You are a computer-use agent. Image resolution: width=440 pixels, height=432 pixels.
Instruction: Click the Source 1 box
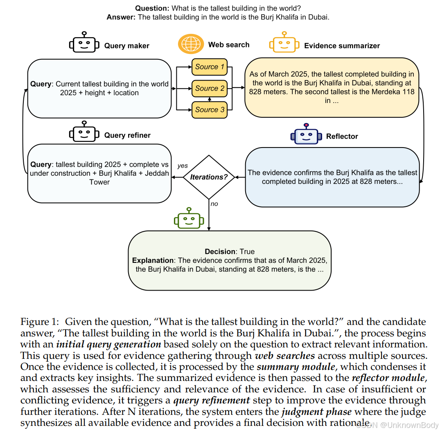click(x=209, y=67)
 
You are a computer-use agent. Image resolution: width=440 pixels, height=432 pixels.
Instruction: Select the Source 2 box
click(x=209, y=88)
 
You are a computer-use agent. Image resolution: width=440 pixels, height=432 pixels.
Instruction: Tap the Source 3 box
click(x=209, y=110)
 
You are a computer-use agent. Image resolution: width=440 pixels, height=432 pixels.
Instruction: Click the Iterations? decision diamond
click(x=209, y=177)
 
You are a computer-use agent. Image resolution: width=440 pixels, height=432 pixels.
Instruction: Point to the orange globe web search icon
click(x=190, y=44)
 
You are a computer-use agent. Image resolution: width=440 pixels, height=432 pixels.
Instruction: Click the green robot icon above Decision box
click(x=189, y=219)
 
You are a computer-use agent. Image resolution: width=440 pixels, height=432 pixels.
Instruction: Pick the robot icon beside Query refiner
click(x=84, y=132)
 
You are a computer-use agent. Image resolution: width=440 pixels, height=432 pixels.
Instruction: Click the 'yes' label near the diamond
click(x=183, y=166)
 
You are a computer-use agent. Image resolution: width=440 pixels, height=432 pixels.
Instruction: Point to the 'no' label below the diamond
click(x=214, y=204)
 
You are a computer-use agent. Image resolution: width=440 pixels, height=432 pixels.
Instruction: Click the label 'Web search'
click(x=229, y=45)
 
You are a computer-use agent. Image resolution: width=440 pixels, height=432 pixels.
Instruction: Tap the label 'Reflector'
click(x=342, y=137)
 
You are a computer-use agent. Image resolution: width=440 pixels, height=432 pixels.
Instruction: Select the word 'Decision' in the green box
click(x=220, y=252)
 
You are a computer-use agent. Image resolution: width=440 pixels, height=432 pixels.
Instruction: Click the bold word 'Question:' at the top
click(x=152, y=8)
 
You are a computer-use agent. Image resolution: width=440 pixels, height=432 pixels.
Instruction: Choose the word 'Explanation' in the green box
click(x=153, y=260)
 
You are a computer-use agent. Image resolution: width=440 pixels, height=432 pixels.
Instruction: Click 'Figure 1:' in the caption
click(x=41, y=322)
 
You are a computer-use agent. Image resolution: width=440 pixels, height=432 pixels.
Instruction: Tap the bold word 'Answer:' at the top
click(x=121, y=17)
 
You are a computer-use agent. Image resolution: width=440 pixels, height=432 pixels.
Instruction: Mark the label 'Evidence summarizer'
click(x=342, y=46)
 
